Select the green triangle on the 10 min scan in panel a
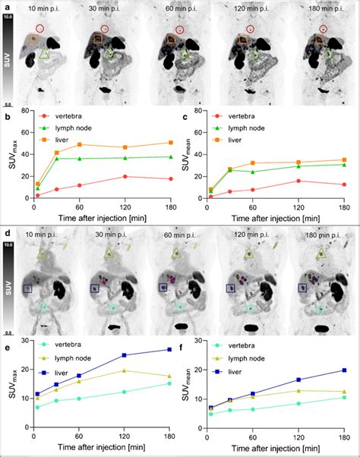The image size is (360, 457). (45, 54)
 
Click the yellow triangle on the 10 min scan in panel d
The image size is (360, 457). (45, 252)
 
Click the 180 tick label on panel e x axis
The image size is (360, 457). (169, 433)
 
